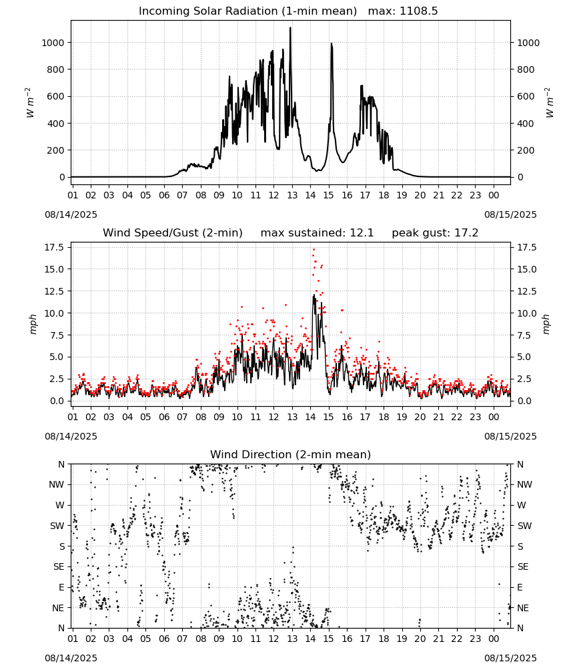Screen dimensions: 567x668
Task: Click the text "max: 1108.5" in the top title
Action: [x=402, y=11]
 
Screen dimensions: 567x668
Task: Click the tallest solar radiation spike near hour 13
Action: [x=291, y=28]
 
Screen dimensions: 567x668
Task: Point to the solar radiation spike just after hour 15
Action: [x=332, y=44]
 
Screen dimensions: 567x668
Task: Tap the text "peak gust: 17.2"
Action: [x=435, y=233]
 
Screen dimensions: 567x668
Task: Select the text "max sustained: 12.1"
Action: [x=317, y=233]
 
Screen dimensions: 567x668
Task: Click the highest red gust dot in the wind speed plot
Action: [x=314, y=249]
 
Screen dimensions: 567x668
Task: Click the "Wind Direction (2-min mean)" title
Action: [x=291, y=454]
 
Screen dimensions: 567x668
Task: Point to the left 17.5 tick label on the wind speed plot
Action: [x=55, y=247]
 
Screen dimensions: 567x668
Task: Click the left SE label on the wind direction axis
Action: [x=59, y=566]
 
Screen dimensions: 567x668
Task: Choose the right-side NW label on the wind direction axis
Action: [x=524, y=484]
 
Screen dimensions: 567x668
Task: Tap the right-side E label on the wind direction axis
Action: [x=520, y=587]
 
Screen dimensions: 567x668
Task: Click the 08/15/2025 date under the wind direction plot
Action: [x=510, y=658]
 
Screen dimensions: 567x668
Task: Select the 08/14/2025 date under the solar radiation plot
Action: [x=71, y=214]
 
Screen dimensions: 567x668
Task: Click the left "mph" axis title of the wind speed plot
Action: [x=33, y=324]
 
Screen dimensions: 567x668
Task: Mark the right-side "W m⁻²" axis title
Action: [x=549, y=102]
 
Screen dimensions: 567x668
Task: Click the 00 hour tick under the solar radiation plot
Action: [x=494, y=195]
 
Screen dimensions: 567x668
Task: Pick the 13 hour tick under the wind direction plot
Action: [x=292, y=639]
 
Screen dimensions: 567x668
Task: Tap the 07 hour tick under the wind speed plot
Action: [x=183, y=417]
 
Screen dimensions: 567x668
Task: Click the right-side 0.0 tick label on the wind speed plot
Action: [x=524, y=401]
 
